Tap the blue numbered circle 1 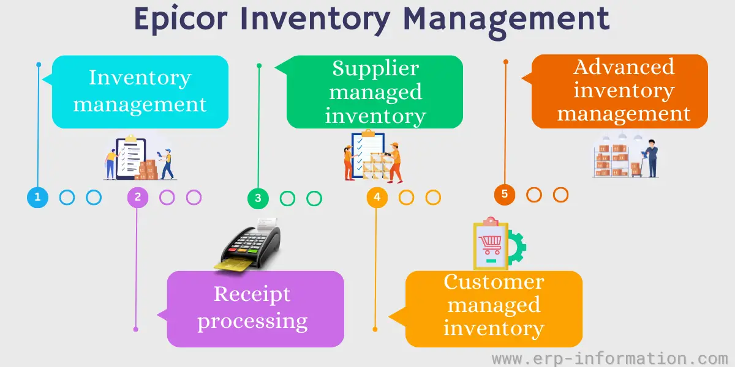pos(37,198)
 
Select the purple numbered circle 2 pos(137,198)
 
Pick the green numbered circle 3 pos(258,198)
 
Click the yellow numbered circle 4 pos(377,198)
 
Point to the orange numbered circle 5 pos(505,195)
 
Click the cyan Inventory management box pos(140,92)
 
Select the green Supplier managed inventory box pos(375,92)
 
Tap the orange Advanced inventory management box pos(620,92)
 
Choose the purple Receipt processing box pos(255,309)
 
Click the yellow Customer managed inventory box pos(494,309)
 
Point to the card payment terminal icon pos(251,245)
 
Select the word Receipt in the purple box pos(252,294)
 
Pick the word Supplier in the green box pos(375,69)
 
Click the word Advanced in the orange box pos(624,67)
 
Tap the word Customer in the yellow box pos(494,282)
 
